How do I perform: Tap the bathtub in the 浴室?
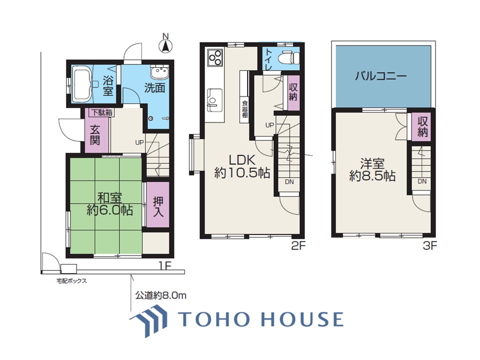click(x=82, y=85)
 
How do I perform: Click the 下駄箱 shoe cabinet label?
click(x=101, y=112)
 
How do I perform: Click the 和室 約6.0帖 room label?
click(x=109, y=204)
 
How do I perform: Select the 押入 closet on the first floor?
click(x=158, y=205)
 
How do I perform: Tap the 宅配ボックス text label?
click(x=71, y=280)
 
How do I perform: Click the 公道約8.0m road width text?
click(x=160, y=295)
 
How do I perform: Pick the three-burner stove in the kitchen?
click(x=215, y=57)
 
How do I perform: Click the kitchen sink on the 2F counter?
click(x=215, y=99)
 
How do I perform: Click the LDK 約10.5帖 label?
click(x=242, y=166)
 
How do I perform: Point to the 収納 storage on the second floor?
click(x=292, y=92)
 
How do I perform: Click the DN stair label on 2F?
click(x=289, y=182)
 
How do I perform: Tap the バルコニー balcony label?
click(x=381, y=75)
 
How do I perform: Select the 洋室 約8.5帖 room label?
click(x=372, y=170)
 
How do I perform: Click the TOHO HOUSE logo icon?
click(x=148, y=320)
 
